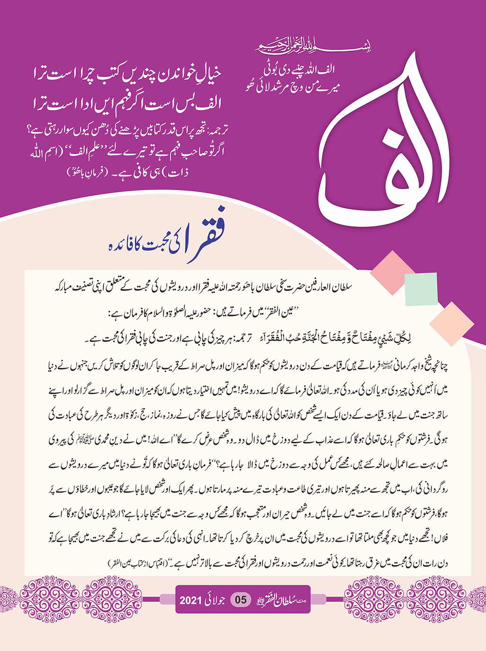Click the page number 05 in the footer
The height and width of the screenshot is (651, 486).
click(x=241, y=600)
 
